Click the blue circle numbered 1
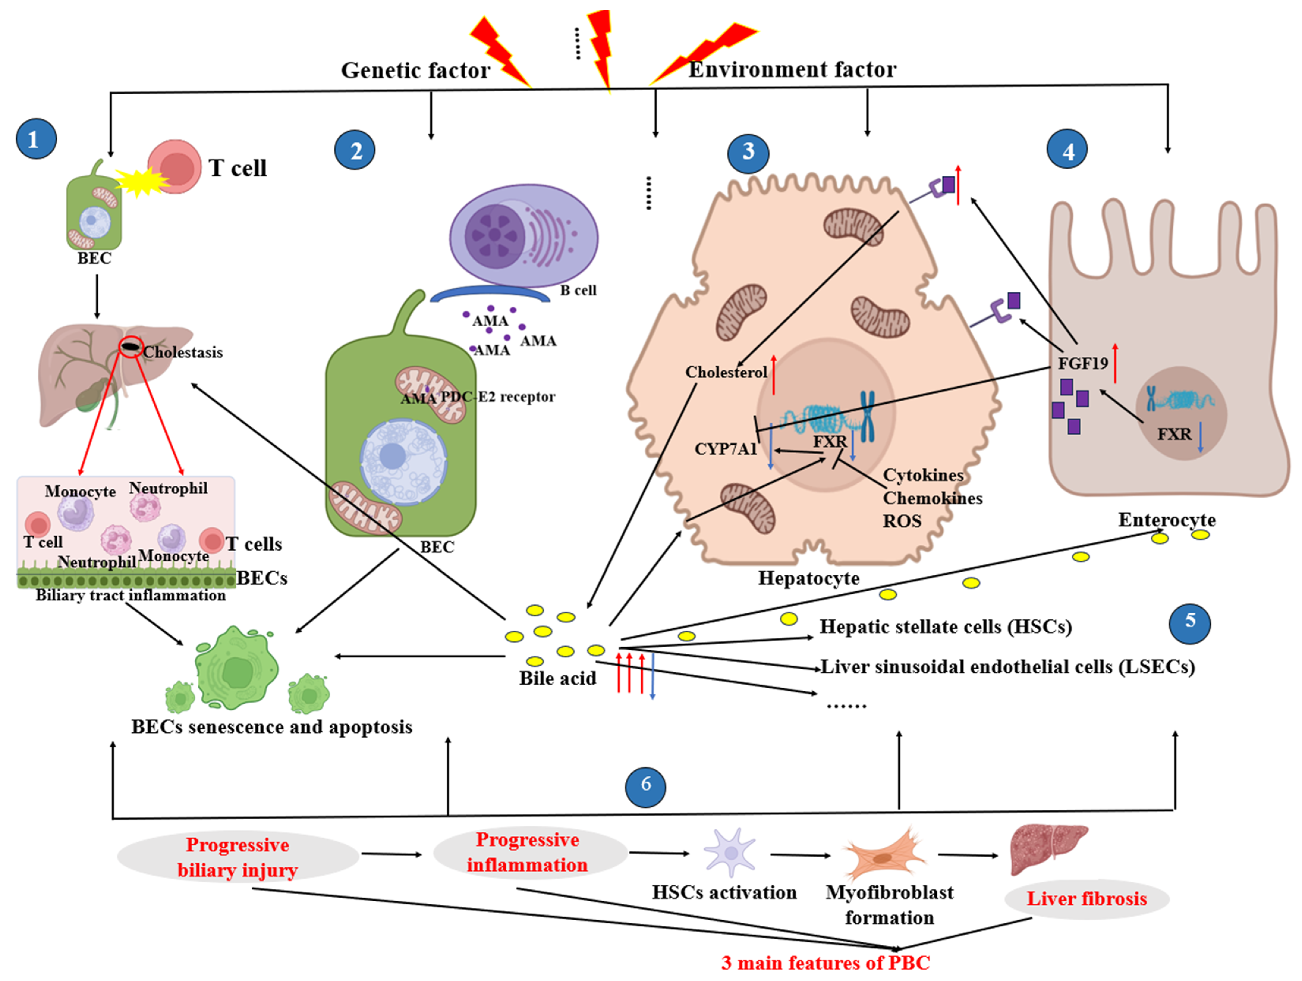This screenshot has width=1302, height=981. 36,140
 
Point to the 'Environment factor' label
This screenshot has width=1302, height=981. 792,70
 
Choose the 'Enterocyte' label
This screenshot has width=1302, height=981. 1167,520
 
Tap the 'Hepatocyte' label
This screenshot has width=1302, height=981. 808,578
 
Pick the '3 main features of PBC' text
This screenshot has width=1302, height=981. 825,963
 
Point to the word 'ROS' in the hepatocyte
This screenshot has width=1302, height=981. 902,521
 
